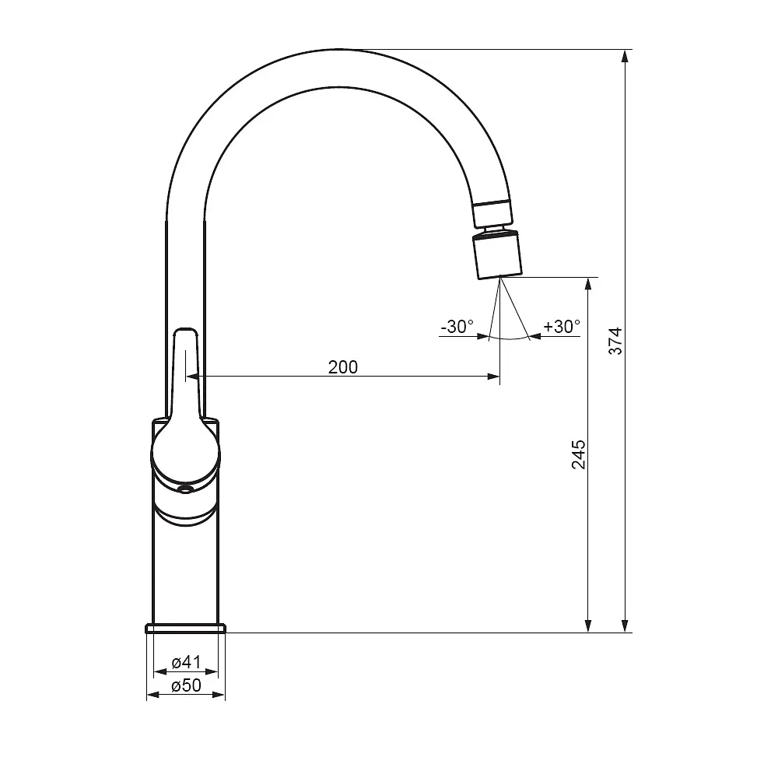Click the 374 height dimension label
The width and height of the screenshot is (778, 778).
(x=615, y=341)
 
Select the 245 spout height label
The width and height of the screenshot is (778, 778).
(x=579, y=454)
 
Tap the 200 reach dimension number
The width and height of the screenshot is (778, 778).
(x=343, y=367)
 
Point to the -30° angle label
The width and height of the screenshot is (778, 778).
(x=457, y=327)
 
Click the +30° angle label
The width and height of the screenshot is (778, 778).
(x=562, y=327)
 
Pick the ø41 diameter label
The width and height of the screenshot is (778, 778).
(x=186, y=662)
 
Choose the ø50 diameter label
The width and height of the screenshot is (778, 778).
(x=186, y=685)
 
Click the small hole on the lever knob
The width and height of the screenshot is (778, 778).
(x=186, y=489)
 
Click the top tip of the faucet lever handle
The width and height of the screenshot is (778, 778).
(x=185, y=328)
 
